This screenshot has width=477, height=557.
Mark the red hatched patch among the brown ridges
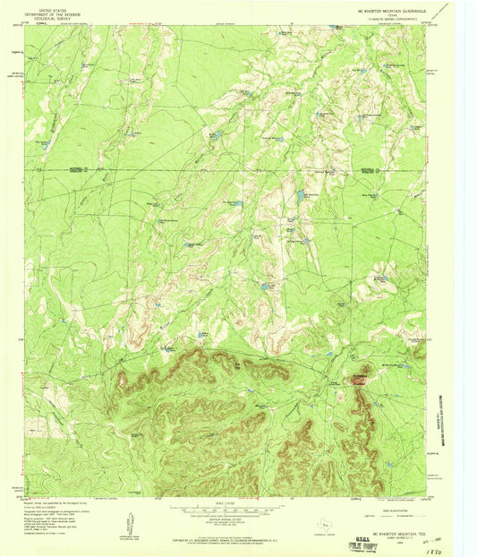[x=361, y=379]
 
